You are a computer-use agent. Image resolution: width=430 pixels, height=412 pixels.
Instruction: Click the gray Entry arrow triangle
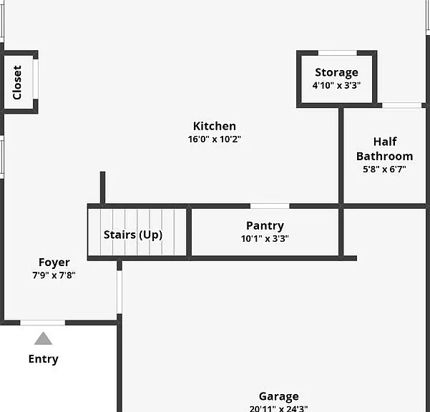44,338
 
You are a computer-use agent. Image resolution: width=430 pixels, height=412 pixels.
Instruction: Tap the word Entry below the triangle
44,359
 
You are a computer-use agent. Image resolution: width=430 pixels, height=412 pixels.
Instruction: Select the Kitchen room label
215,126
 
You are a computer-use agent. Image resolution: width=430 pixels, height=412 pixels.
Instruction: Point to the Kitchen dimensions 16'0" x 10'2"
215,139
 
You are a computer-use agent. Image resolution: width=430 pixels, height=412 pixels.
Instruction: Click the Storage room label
336,73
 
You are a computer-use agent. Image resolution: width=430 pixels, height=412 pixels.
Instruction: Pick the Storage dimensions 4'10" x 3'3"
336,86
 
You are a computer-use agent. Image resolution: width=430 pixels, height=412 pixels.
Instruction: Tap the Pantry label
265,226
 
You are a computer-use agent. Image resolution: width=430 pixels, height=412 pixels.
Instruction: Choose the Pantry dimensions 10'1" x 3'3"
265,239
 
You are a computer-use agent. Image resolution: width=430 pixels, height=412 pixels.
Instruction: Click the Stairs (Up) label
133,235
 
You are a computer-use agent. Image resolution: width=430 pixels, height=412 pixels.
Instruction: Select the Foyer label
54,263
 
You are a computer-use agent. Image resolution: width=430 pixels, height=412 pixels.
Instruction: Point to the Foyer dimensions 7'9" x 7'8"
54,275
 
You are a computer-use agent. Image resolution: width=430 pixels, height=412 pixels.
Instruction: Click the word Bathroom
384,156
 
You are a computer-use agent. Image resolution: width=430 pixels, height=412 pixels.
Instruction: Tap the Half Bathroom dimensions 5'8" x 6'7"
384,170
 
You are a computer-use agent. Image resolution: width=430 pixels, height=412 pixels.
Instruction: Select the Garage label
279,397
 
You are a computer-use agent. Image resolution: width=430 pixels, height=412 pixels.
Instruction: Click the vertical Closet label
17,82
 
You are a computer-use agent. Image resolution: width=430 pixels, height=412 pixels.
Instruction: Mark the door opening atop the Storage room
337,53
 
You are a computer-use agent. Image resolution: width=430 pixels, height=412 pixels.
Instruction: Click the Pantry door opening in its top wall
270,206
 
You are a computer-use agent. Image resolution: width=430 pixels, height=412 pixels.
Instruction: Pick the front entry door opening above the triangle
43,323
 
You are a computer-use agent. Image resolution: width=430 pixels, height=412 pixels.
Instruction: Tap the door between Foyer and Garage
119,292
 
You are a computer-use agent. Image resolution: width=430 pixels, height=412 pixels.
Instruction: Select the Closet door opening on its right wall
36,79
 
